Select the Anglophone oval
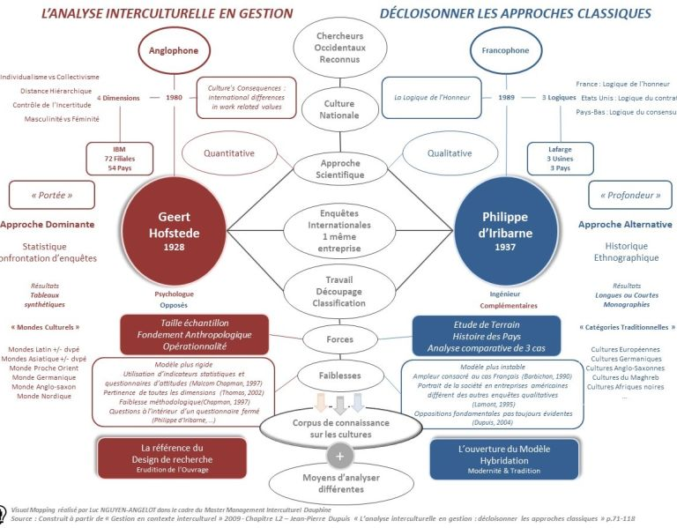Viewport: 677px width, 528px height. click(x=178, y=50)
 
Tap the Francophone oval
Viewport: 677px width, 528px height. click(x=505, y=50)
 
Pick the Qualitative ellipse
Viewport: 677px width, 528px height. click(x=450, y=152)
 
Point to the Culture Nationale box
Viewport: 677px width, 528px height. click(x=340, y=108)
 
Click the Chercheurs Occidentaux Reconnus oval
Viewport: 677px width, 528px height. click(x=340, y=46)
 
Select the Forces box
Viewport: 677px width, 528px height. click(x=339, y=338)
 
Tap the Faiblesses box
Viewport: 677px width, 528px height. click(x=339, y=375)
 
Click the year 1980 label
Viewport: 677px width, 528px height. click(x=175, y=98)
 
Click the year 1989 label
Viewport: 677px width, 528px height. click(x=506, y=98)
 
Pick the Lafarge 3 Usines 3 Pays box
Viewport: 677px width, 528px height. click(x=560, y=158)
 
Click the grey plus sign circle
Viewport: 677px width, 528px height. click(x=339, y=456)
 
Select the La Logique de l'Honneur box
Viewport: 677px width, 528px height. click(x=432, y=98)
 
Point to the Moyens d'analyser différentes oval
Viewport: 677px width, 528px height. click(x=339, y=483)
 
